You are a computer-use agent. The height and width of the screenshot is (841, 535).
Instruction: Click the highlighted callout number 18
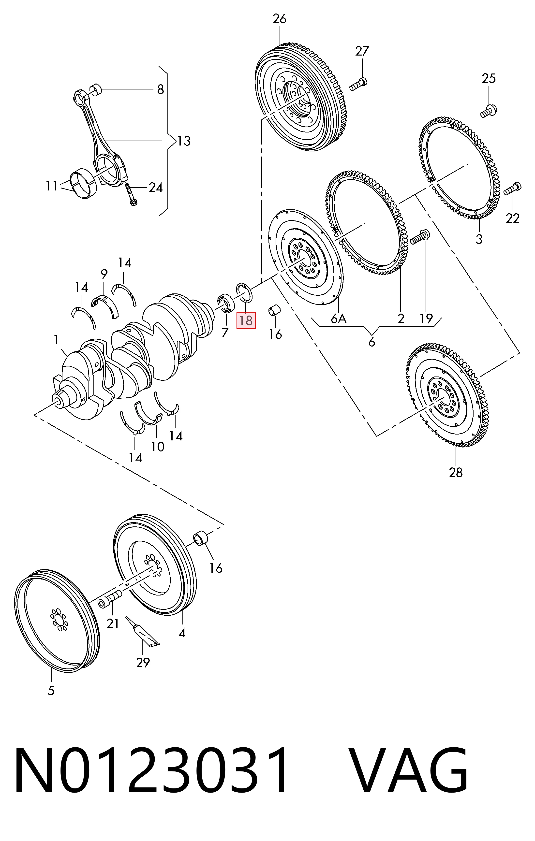[x=246, y=320]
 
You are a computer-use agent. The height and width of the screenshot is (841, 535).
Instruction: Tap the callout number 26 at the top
[x=280, y=19]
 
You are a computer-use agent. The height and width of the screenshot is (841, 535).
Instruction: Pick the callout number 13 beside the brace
[x=183, y=141]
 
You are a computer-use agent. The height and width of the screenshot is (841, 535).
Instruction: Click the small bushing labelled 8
[x=96, y=90]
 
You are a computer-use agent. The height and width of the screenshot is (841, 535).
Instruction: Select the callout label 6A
[x=339, y=319]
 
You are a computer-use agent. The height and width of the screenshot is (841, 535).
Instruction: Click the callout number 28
[x=456, y=473]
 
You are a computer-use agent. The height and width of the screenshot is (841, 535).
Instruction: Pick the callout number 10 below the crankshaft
[x=158, y=446]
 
